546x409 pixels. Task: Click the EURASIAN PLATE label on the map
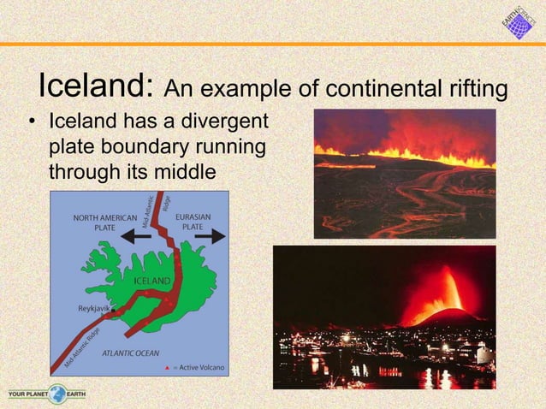coord(193,222)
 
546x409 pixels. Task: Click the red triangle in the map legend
coord(167,367)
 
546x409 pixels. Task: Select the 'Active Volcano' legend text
coord(202,367)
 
